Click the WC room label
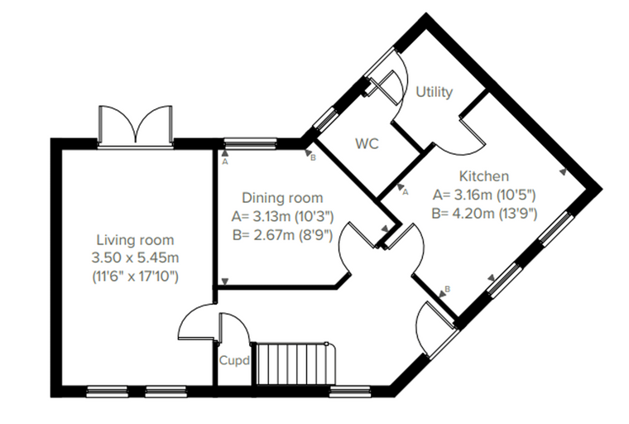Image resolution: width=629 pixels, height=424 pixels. [x=367, y=144]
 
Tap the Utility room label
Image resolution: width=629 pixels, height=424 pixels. [x=434, y=92]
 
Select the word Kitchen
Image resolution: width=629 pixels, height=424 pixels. [x=484, y=176]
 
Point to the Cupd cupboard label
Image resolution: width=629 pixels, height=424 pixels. [x=235, y=361]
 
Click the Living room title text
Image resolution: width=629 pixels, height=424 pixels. [x=135, y=240]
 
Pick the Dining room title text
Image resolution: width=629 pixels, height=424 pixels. [x=282, y=198]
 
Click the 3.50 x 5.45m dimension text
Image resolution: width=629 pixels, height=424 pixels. [x=135, y=258]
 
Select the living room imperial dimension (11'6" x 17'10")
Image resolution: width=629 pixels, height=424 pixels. [x=135, y=277]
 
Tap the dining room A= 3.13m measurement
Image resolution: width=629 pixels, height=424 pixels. [x=282, y=217]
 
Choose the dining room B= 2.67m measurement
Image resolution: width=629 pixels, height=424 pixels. [x=282, y=235]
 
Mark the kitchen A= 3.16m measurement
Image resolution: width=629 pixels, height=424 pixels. [x=484, y=195]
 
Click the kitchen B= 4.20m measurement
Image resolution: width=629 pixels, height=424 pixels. [x=484, y=214]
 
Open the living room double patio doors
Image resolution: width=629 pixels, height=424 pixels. [x=136, y=125]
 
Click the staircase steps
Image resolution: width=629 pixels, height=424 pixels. [x=292, y=364]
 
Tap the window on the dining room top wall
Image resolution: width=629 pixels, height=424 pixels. [x=250, y=143]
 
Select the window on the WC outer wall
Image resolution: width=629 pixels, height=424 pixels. [x=325, y=118]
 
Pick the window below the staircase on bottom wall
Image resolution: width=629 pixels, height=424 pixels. [x=350, y=392]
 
